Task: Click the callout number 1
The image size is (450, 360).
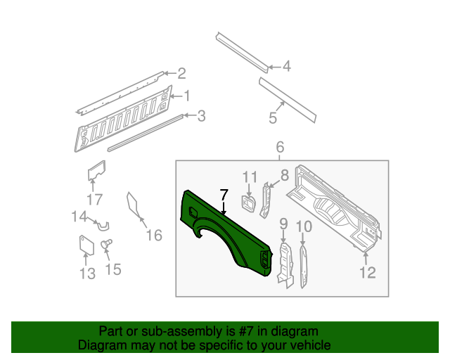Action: click(188, 96)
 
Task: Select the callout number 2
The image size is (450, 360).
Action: click(181, 73)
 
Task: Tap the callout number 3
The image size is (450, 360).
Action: click(201, 116)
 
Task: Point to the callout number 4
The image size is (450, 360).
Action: click(286, 67)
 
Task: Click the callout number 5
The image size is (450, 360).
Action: click(273, 119)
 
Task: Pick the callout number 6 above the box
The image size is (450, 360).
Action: click(279, 148)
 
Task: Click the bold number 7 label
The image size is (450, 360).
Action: click(224, 195)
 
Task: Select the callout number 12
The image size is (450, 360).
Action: click(368, 273)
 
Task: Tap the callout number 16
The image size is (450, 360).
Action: click(153, 235)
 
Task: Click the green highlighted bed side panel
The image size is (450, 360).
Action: click(211, 225)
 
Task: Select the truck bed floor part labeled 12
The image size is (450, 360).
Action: click(337, 207)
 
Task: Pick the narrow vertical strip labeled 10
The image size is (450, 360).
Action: click(303, 266)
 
